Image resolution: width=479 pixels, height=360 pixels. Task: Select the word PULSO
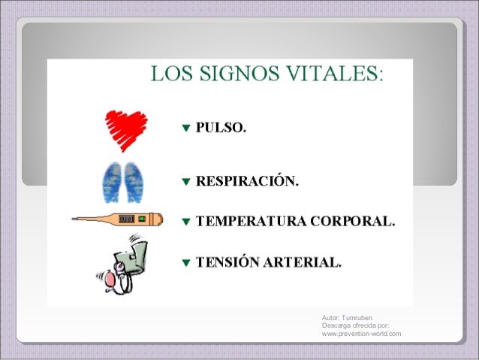click(x=220, y=128)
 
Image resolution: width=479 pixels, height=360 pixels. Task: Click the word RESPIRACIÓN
click(x=247, y=181)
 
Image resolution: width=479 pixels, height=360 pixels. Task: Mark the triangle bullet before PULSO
click(x=186, y=129)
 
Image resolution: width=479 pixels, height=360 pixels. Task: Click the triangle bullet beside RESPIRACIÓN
click(x=186, y=182)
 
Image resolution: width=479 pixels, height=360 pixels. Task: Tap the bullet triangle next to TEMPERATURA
click(x=186, y=222)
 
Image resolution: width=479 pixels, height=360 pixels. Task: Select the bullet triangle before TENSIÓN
click(x=186, y=264)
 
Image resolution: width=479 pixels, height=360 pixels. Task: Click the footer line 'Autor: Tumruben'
click(x=347, y=317)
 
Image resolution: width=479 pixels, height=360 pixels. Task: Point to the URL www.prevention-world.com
click(x=361, y=334)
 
